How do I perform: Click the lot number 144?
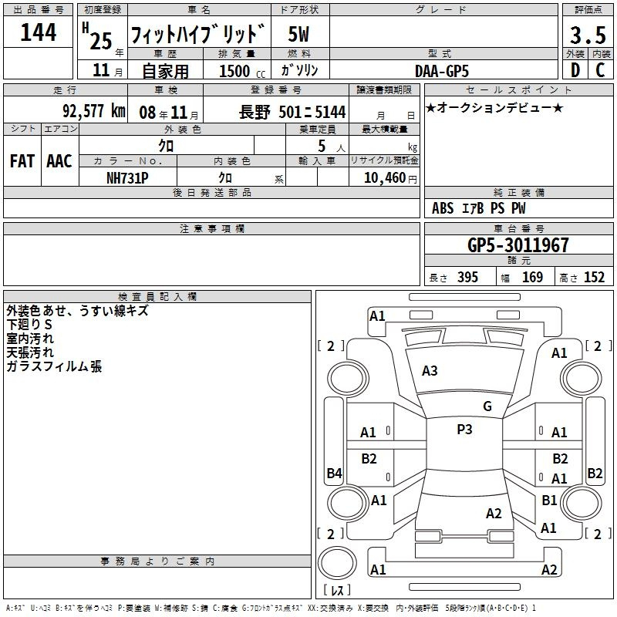[x=38, y=32]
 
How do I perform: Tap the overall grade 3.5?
[x=588, y=35]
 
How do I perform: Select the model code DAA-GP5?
[x=442, y=71]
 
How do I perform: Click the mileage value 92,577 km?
[x=94, y=111]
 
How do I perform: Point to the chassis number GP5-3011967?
[x=518, y=245]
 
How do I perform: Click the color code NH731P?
[x=127, y=178]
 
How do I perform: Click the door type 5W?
[x=298, y=34]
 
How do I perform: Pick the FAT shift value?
[x=22, y=161]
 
